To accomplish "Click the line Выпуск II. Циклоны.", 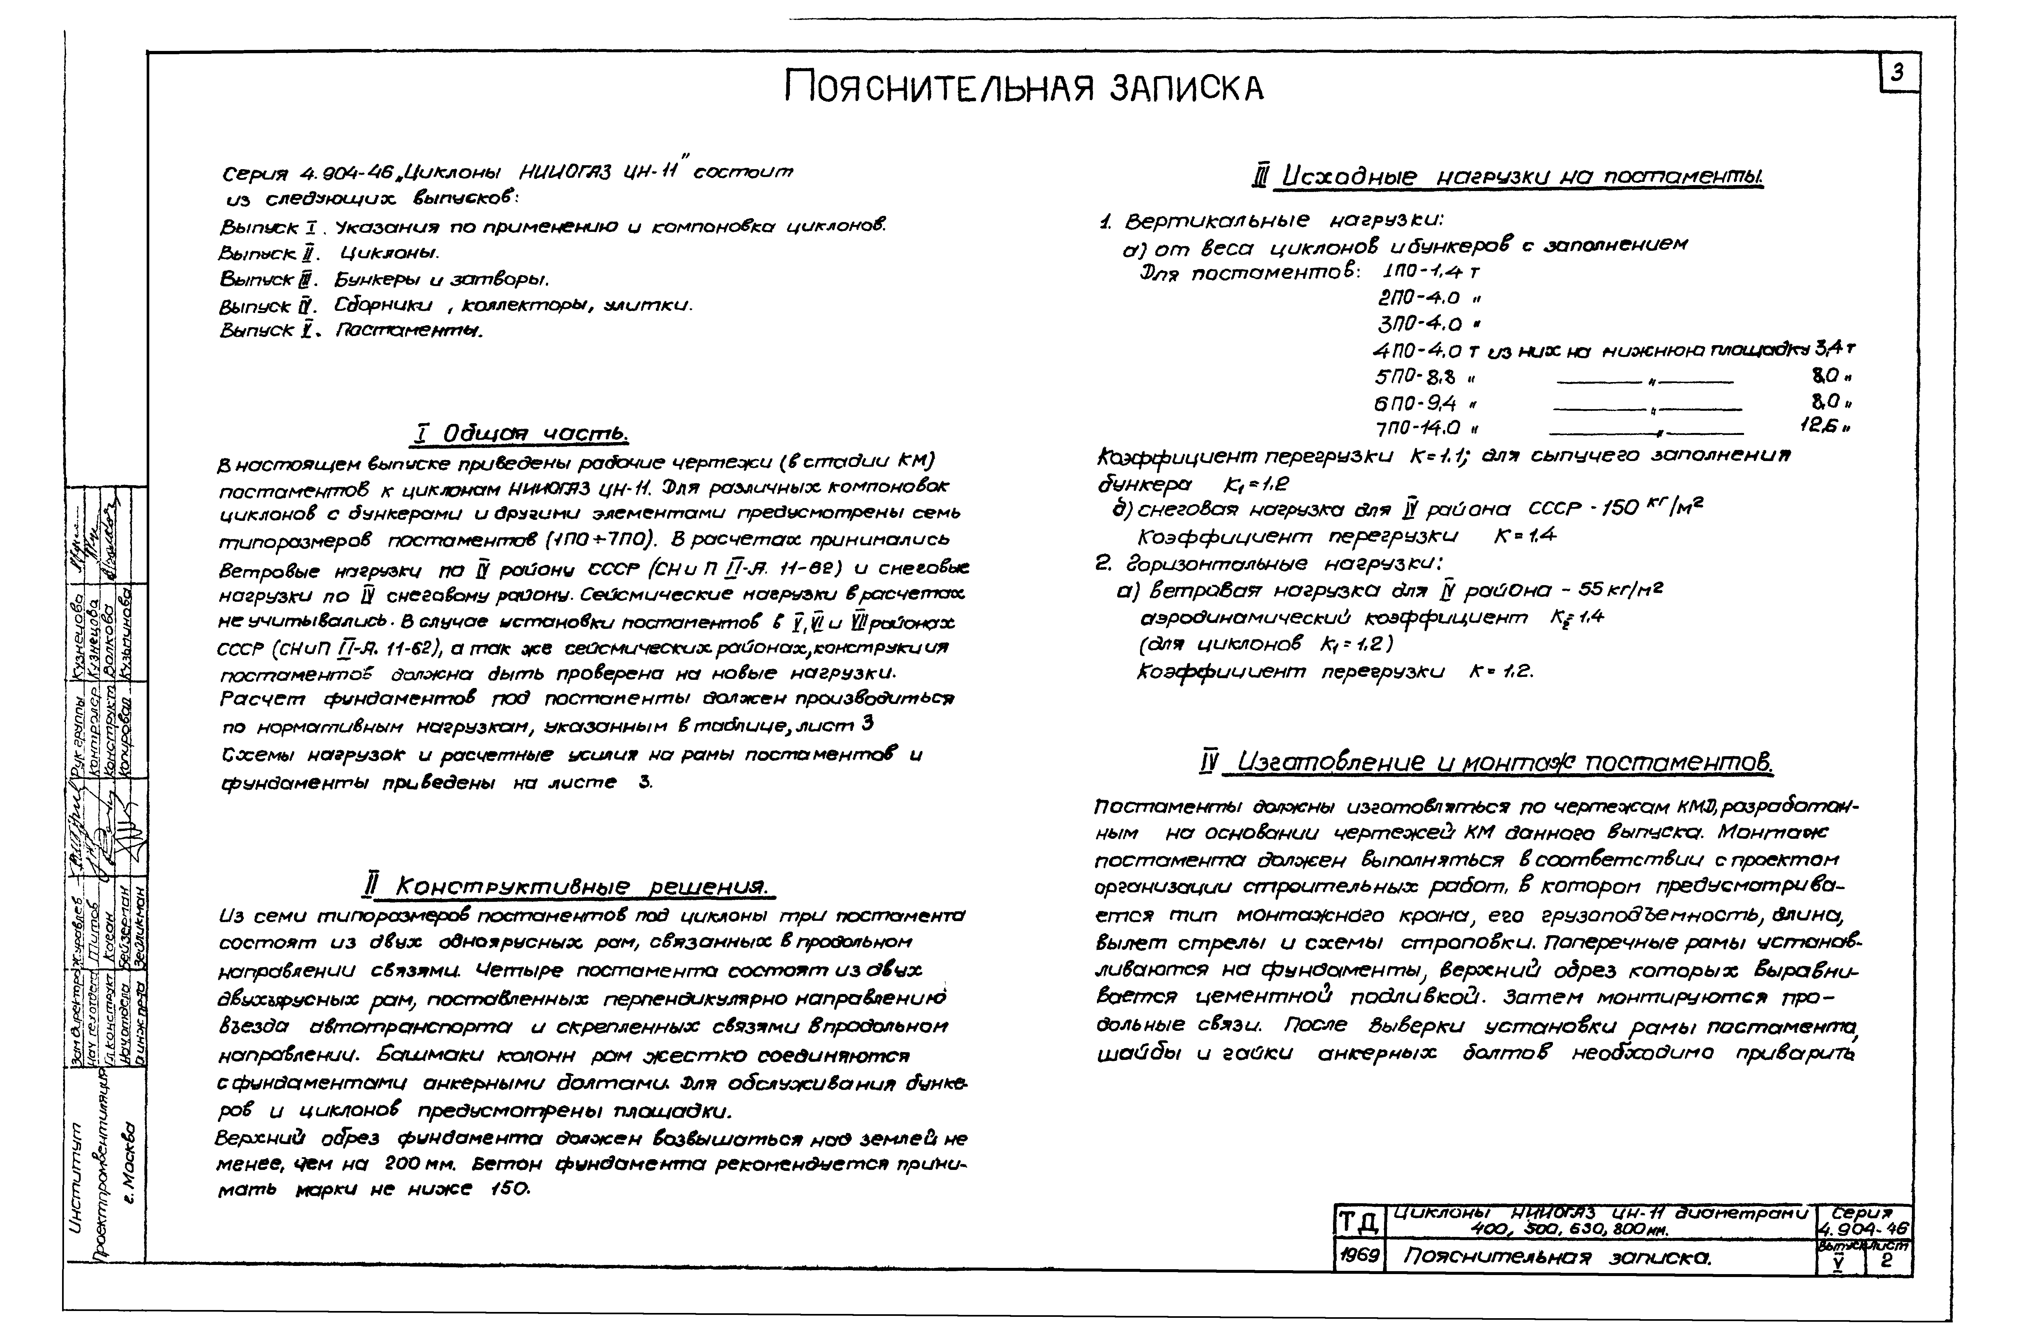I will (x=330, y=253).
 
